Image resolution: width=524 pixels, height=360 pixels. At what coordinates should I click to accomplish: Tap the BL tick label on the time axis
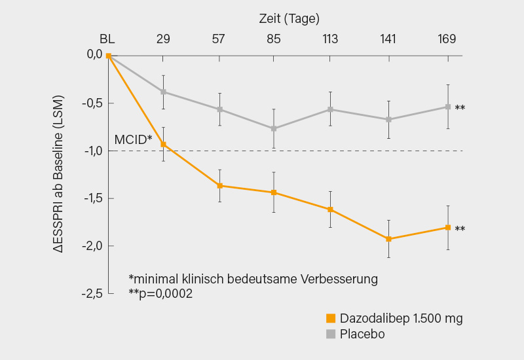[x=107, y=39]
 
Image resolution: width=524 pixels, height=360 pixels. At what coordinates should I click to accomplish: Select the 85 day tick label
[x=274, y=39]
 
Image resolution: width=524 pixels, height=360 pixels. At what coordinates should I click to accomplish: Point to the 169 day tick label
[x=447, y=39]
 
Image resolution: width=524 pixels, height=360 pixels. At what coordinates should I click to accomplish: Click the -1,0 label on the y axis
[x=92, y=151]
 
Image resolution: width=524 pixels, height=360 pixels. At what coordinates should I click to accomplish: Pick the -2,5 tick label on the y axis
[x=92, y=293]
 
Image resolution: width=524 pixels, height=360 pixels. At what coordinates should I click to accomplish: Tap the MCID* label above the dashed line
[x=133, y=139]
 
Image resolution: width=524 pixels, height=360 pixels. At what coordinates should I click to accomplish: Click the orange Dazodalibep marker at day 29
[x=163, y=145]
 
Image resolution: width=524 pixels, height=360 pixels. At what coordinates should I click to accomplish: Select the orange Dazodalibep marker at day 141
[x=388, y=239]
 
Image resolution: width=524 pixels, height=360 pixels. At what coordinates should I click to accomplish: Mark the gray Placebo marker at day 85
[x=274, y=128]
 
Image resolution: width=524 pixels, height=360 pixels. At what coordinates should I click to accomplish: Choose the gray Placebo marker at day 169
[x=448, y=107]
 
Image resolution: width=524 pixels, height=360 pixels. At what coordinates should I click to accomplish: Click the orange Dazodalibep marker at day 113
[x=330, y=209]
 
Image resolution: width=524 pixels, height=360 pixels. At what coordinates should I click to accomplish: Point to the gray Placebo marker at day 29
[x=163, y=92]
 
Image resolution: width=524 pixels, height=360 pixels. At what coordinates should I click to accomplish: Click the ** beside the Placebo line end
[x=460, y=108]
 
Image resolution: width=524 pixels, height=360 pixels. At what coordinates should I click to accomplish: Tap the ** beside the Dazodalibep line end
[x=460, y=229]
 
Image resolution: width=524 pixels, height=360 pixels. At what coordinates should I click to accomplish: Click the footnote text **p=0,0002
[x=160, y=294]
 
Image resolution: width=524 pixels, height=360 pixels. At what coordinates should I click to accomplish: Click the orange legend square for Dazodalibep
[x=331, y=319]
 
